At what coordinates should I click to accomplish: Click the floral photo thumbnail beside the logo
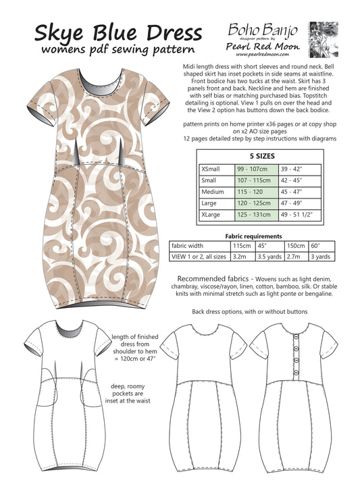(323, 38)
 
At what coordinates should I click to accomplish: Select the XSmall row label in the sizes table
(212, 169)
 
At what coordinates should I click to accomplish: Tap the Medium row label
(212, 192)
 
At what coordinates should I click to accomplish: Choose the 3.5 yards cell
(269, 257)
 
